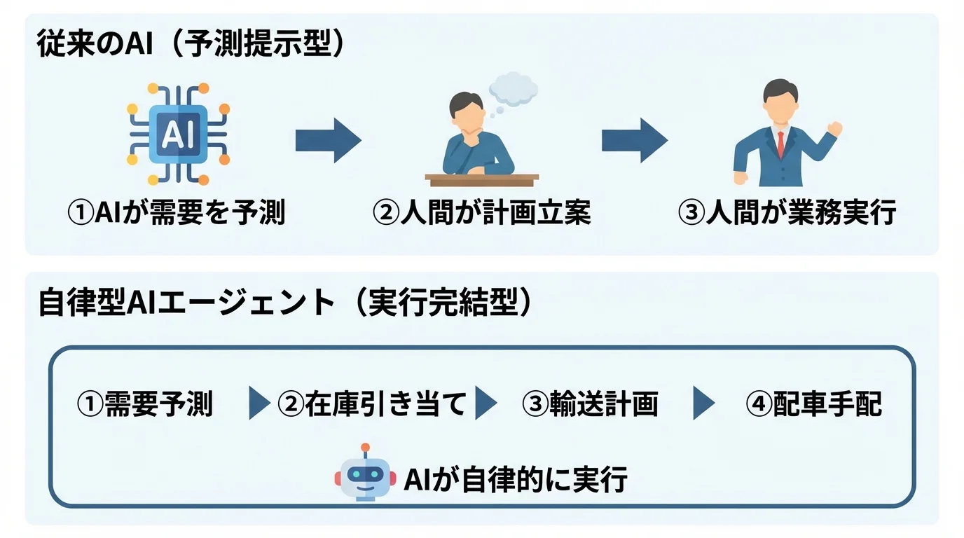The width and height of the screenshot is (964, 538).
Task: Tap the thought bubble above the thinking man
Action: (513, 90)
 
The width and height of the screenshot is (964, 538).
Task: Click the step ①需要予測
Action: (144, 404)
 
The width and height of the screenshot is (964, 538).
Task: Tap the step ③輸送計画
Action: (590, 404)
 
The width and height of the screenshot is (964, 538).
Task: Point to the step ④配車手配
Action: (813, 404)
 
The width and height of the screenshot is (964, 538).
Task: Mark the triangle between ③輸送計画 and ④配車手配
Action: (703, 404)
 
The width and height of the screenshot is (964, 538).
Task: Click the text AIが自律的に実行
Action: (515, 479)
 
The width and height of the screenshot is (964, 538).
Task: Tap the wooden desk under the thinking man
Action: (482, 180)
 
